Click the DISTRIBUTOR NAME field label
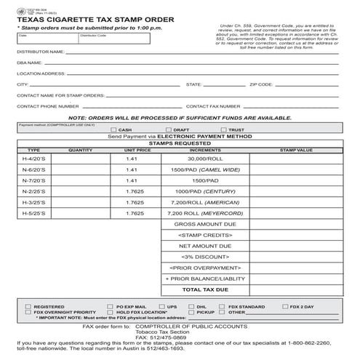coord(41,52)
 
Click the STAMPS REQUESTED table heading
coord(180,143)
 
